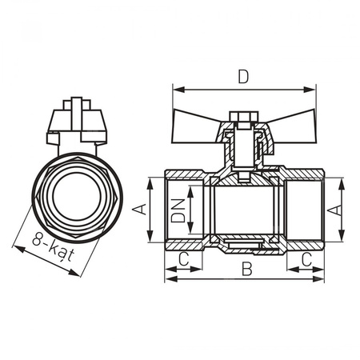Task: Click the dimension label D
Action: click(242, 77)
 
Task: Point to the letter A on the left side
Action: click(138, 210)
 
